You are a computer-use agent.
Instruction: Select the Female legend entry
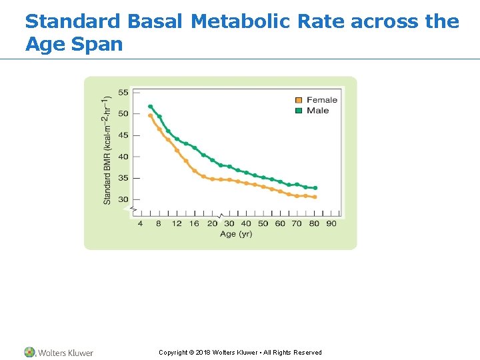pos(321,100)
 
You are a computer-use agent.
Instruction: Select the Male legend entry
pos(317,110)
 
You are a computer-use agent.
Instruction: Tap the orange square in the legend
pos(299,100)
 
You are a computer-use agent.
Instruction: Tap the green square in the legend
pos(299,110)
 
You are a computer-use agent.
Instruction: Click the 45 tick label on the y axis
pos(123,135)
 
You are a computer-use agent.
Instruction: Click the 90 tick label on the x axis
pos(331,223)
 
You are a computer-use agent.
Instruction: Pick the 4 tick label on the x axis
pos(140,223)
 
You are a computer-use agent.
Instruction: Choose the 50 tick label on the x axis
pos(263,223)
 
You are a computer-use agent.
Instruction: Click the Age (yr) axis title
pos(236,234)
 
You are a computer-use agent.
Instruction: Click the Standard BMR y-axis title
pos(107,150)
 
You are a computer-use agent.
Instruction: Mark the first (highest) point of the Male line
pos(150,106)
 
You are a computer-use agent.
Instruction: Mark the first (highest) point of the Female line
pos(150,115)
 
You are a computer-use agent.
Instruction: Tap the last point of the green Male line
pos(315,188)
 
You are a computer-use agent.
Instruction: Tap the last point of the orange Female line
pos(315,197)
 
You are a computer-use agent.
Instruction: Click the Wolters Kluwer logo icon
pos(30,352)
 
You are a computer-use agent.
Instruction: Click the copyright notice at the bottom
pos(240,353)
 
